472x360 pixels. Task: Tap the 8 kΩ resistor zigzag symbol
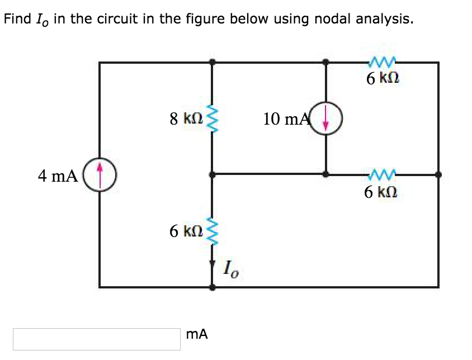[211, 119]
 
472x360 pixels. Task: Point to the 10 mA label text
[285, 119]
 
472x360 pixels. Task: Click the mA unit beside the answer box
[196, 335]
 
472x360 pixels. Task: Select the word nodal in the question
[331, 20]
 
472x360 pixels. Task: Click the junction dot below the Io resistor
[211, 287]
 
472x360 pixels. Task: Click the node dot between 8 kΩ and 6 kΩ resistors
[211, 174]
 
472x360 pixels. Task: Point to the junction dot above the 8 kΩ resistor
[211, 63]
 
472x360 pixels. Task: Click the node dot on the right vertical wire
[438, 174]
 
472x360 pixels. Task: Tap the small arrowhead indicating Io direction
[212, 262]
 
